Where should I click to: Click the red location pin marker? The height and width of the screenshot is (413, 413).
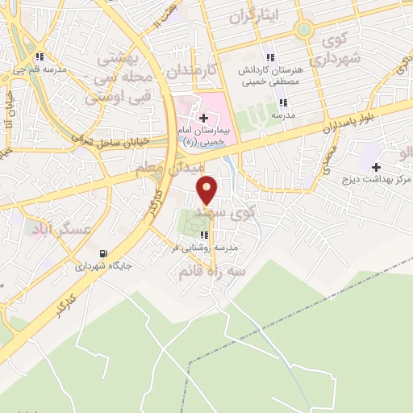(207, 189)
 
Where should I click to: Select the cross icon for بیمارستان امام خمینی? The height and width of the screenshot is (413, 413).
(203, 118)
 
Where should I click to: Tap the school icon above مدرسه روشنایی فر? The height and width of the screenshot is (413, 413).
(203, 236)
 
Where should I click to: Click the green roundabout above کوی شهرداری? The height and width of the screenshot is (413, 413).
(303, 30)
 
